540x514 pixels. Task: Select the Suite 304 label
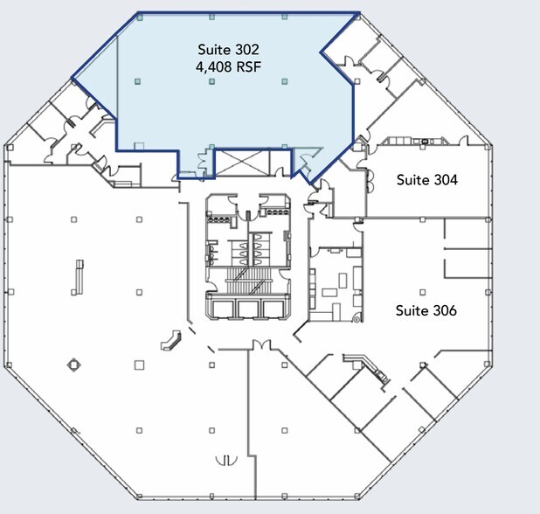[426, 180]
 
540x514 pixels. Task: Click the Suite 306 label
[426, 310]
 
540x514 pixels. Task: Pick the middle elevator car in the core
[249, 309]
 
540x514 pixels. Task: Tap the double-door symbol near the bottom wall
[226, 458]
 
